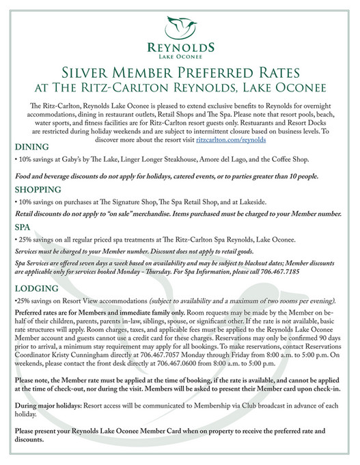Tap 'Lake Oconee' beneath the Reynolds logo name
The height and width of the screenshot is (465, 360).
pos(180,56)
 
